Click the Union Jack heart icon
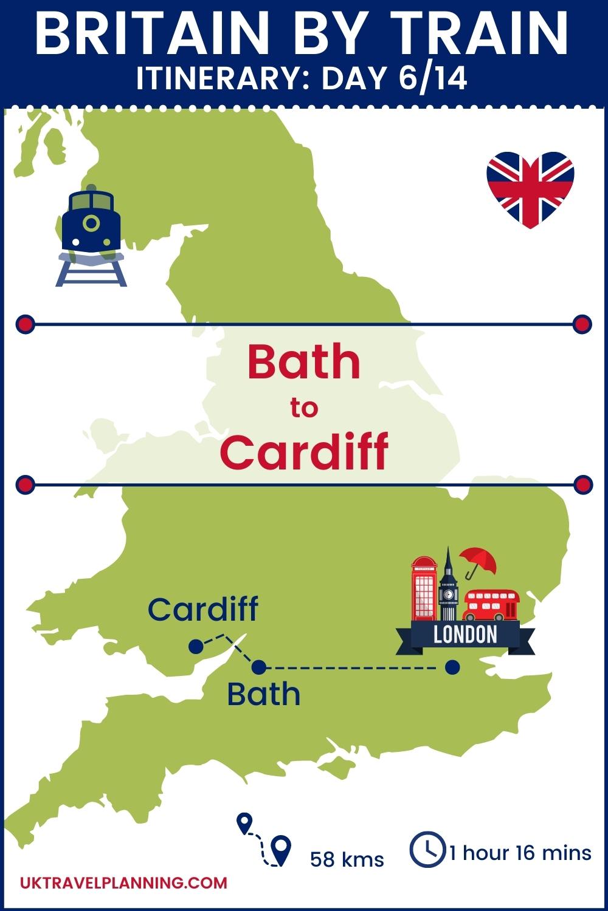click(530, 189)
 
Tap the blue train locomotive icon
click(91, 234)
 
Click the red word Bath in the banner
click(303, 362)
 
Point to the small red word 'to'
click(303, 409)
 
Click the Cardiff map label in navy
click(203, 609)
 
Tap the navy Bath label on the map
click(264, 694)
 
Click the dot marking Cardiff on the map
click(195, 646)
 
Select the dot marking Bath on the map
click(259, 667)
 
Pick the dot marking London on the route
click(452, 667)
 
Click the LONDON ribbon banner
click(466, 635)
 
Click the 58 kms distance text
click(347, 859)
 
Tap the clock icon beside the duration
click(427, 849)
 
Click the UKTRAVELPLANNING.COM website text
click(124, 882)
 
